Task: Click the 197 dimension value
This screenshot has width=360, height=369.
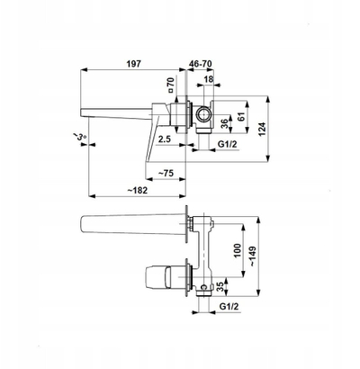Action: coord(133,64)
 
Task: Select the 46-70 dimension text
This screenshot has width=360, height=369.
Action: coord(201,64)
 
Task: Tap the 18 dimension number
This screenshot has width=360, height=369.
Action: coord(209,79)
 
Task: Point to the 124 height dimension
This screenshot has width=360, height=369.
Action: coord(262,129)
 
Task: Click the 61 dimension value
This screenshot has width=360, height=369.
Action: coord(241,116)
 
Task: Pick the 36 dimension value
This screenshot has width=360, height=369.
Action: coord(224,123)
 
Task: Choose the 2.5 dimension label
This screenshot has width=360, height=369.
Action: coord(165,139)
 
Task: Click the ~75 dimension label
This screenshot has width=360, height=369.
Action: coord(166,173)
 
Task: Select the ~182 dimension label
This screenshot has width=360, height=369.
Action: coord(138,190)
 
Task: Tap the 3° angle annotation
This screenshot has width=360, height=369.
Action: coord(80,137)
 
